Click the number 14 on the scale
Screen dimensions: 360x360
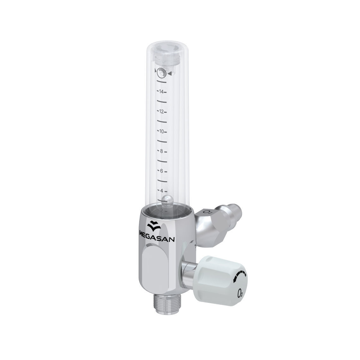pyautogui.click(x=161, y=92)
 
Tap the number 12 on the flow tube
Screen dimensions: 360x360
pyautogui.click(x=161, y=112)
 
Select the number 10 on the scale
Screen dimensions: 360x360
pyautogui.click(x=161, y=131)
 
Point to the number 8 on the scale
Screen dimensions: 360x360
pyautogui.click(x=162, y=151)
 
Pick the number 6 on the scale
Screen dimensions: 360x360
pyautogui.click(x=162, y=171)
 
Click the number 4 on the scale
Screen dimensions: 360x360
pyautogui.click(x=162, y=191)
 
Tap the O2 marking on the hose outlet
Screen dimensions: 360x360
pyautogui.click(x=207, y=212)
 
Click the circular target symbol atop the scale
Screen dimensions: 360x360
pyautogui.click(x=162, y=72)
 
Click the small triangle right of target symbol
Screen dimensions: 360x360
pyautogui.click(x=170, y=74)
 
